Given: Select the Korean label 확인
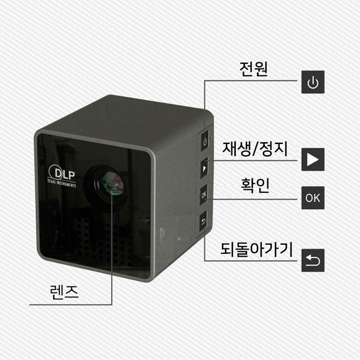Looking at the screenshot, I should [255, 185].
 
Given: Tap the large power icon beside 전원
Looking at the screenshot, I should [313, 82].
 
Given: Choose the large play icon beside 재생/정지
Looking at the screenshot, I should [313, 159].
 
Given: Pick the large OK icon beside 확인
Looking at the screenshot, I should [313, 198].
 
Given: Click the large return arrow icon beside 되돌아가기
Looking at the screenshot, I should [313, 260].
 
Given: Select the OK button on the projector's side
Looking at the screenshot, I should [204, 195].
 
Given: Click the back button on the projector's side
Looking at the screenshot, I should [204, 223].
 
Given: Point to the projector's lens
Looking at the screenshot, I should [107, 184].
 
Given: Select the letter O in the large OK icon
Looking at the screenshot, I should [309, 198].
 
